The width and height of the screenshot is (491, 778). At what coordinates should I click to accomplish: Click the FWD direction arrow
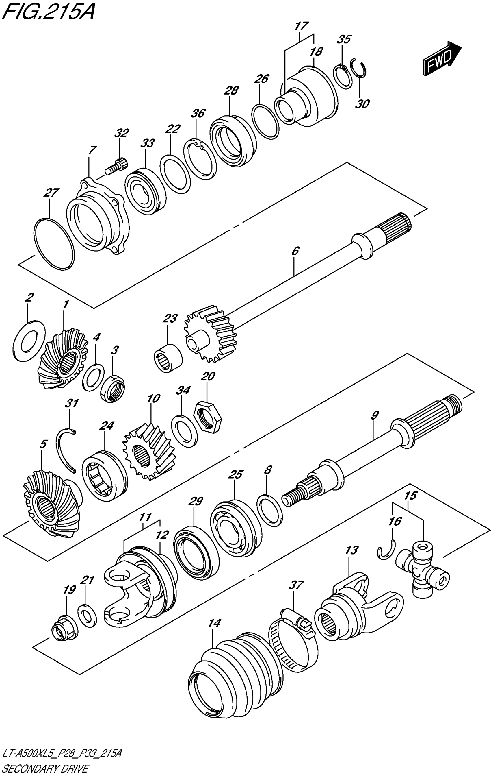(442, 58)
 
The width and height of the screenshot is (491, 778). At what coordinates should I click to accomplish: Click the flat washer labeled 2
(29, 341)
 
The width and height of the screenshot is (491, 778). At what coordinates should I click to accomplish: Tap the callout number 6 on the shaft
(296, 251)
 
